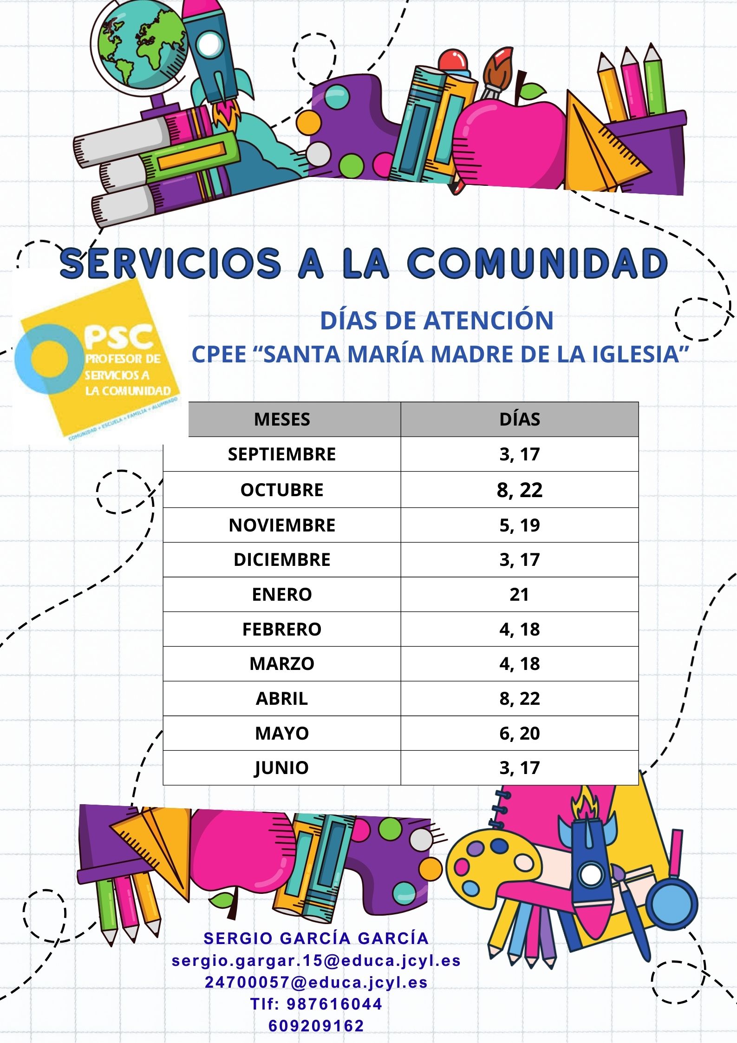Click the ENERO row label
[281, 594]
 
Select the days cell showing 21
[519, 594]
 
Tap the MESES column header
[282, 419]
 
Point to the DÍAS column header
[520, 419]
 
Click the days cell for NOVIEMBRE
[519, 525]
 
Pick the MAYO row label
[281, 733]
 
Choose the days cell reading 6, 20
[519, 733]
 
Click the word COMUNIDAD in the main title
[537, 263]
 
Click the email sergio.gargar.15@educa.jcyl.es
[316, 960]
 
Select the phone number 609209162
[316, 1025]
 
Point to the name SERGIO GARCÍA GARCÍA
[316, 938]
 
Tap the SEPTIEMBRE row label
[281, 454]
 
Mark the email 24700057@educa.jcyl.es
[316, 982]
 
